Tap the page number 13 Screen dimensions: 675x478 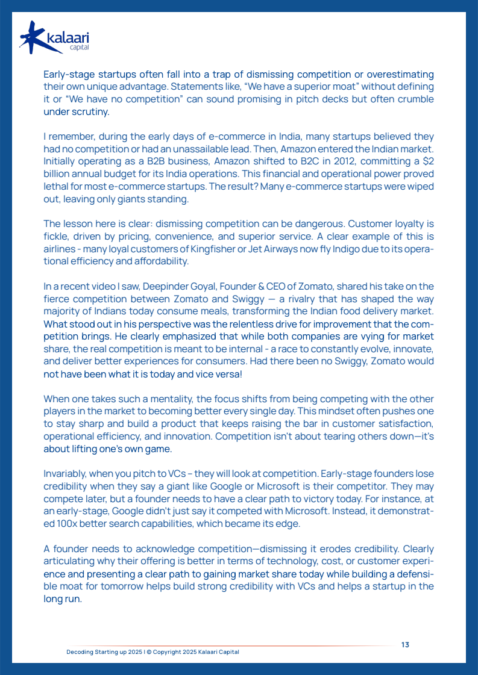405,644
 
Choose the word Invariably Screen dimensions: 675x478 68,474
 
